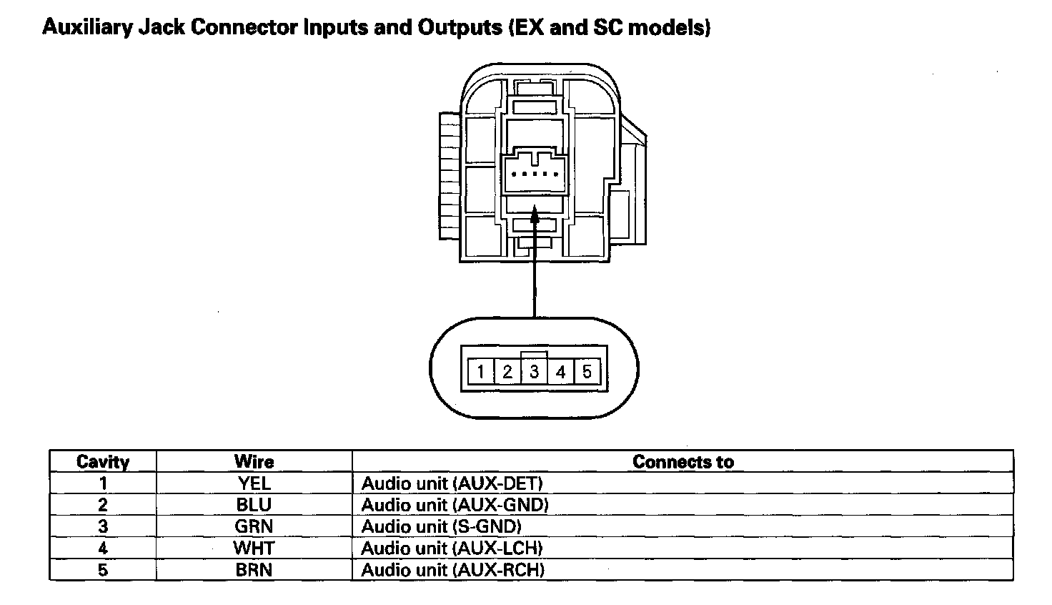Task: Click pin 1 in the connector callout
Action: (x=481, y=372)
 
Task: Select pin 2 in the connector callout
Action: (x=507, y=372)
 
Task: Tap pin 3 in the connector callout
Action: (x=534, y=372)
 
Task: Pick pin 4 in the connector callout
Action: (x=560, y=372)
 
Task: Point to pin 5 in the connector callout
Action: (x=587, y=372)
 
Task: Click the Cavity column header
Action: (x=103, y=462)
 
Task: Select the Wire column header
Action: (x=254, y=462)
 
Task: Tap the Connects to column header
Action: (x=683, y=462)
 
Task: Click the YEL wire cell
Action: (x=254, y=483)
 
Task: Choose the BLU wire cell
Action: (x=254, y=505)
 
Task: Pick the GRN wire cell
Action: (x=254, y=526)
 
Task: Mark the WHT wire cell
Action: (x=254, y=549)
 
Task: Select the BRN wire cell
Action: (x=254, y=570)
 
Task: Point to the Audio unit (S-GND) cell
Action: (x=441, y=526)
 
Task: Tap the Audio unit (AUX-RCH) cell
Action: (x=452, y=570)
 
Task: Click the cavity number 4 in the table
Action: (x=103, y=549)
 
